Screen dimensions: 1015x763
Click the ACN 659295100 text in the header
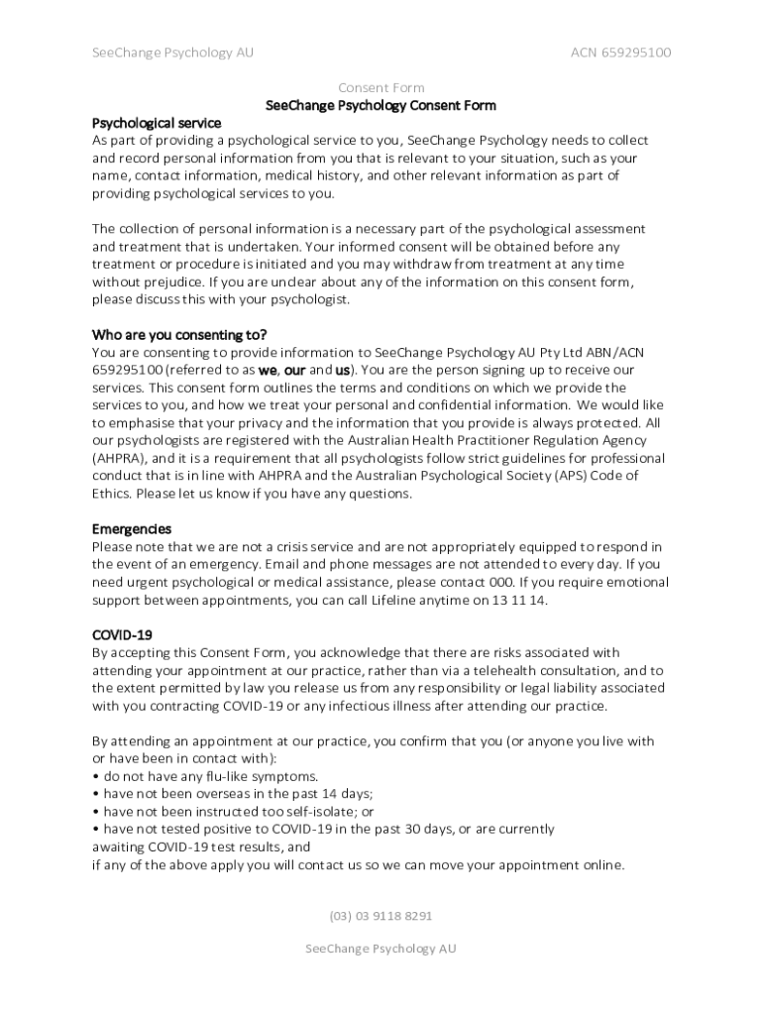tap(620, 53)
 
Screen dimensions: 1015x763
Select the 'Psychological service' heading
tap(157, 123)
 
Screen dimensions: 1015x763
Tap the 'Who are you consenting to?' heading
tap(179, 334)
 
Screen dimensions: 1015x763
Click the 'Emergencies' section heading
tap(132, 529)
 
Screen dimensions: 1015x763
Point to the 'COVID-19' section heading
tap(122, 634)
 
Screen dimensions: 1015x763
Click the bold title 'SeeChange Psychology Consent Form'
tap(381, 105)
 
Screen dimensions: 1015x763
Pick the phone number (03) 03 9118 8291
tap(381, 916)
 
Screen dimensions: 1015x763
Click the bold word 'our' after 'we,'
tap(294, 370)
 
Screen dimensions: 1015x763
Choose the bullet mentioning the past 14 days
tap(232, 794)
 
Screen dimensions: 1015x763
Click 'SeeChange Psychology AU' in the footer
tap(381, 949)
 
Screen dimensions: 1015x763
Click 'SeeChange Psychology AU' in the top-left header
tap(172, 53)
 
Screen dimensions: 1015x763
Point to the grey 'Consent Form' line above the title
tap(381, 88)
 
